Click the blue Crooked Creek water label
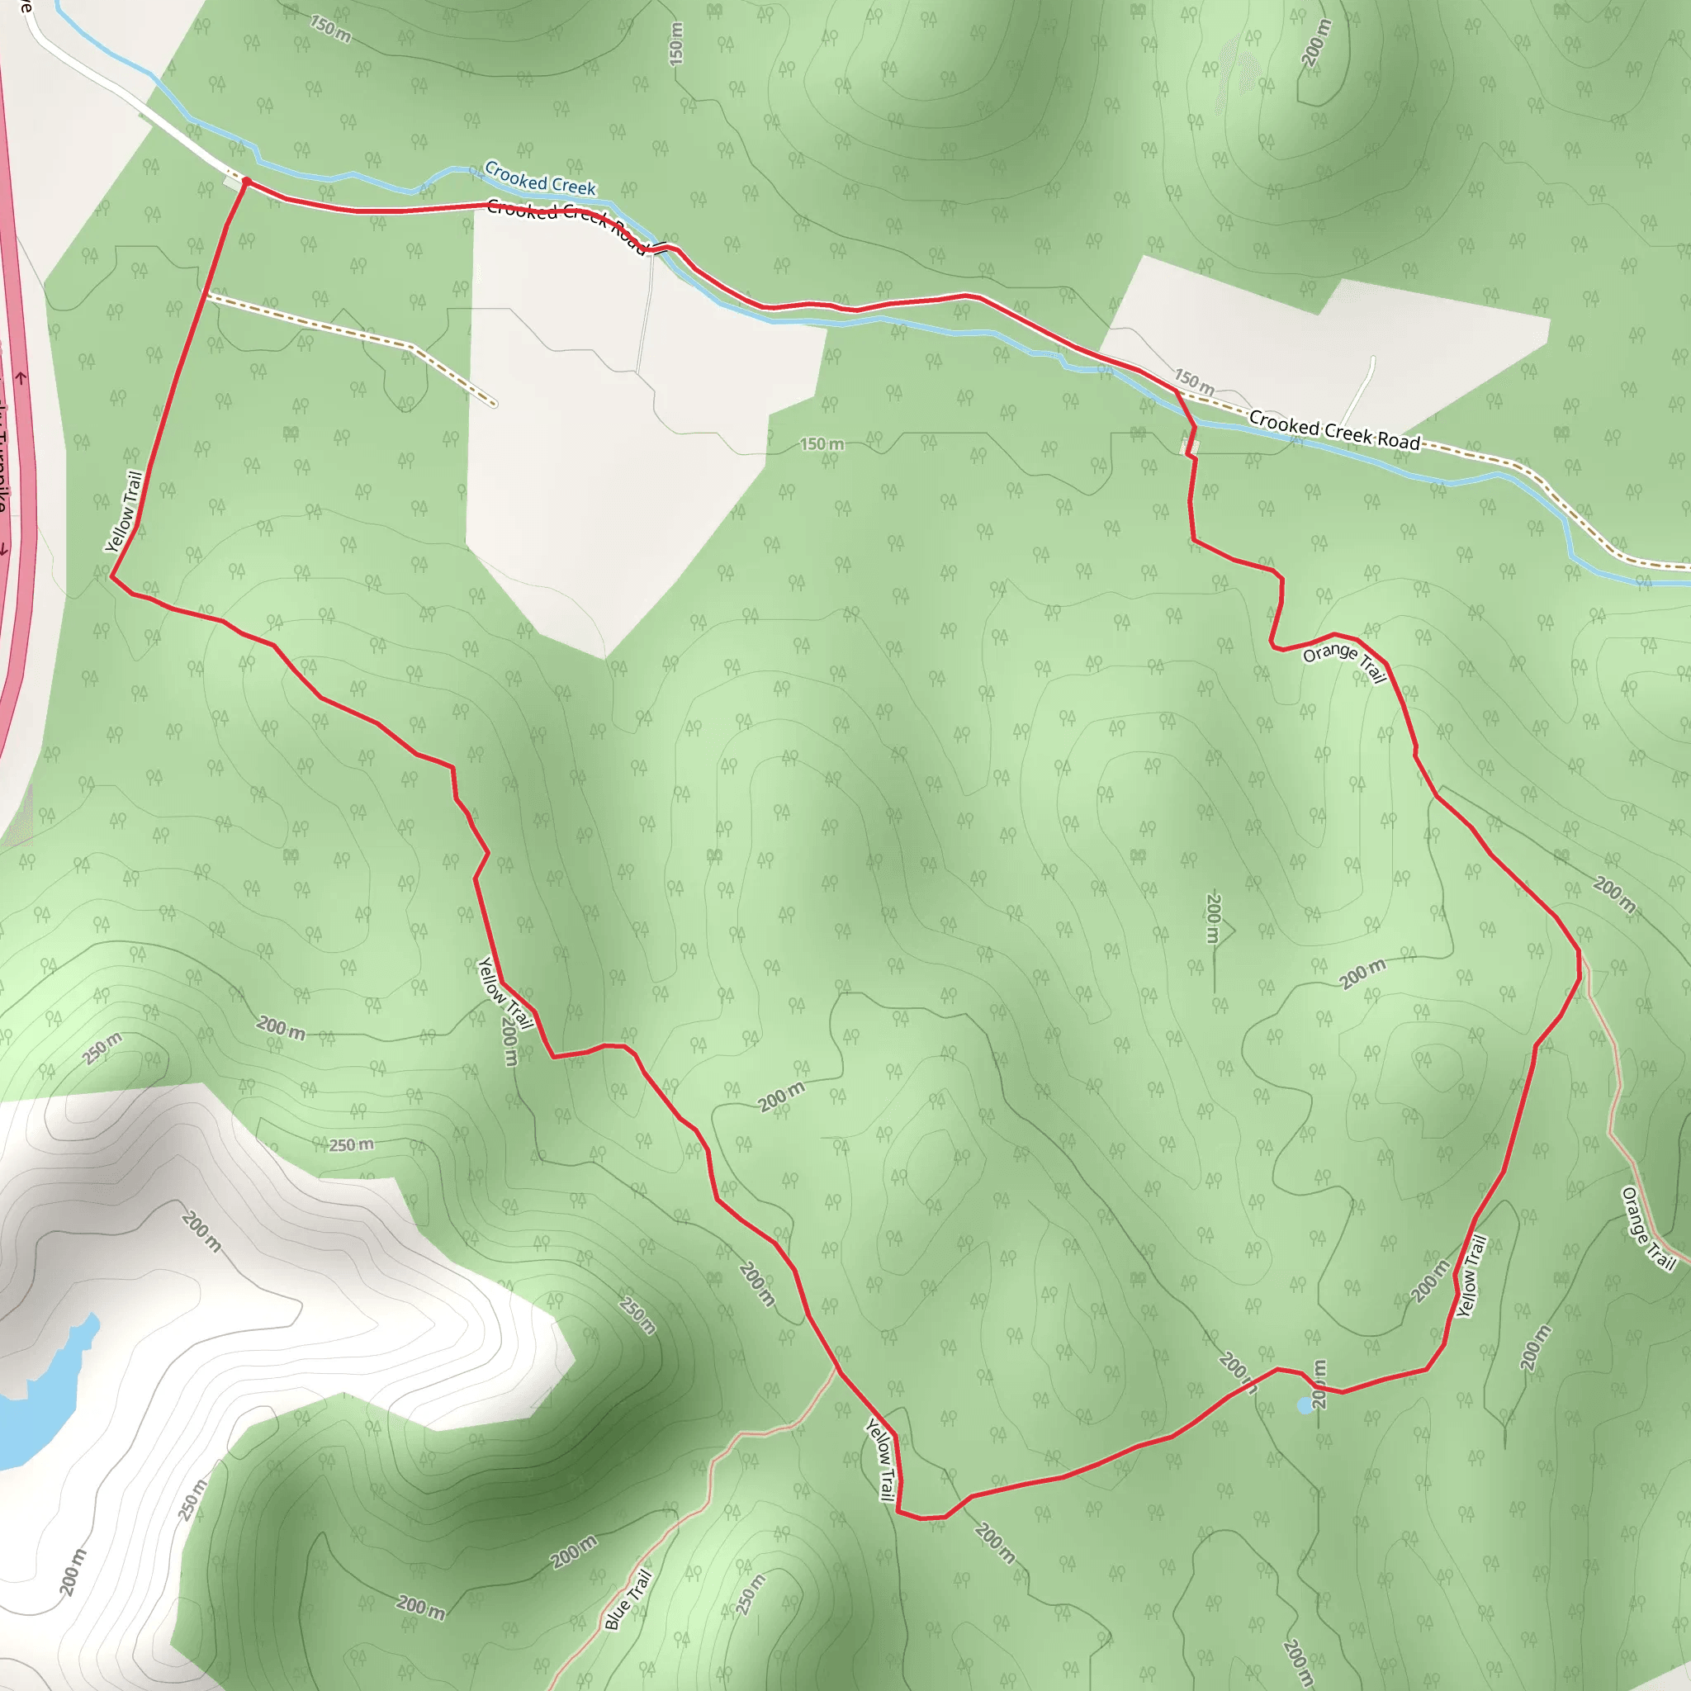coord(540,178)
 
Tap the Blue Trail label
coord(628,1600)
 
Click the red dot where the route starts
coord(246,182)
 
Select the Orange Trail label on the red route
coord(1343,662)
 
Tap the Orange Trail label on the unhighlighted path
coord(1648,1228)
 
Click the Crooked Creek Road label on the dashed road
coord(1334,429)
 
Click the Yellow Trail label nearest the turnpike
coord(123,512)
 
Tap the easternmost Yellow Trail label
coord(1471,1277)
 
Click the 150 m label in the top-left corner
coord(330,29)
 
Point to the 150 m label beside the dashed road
coord(1193,380)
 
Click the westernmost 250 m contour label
coord(102,1048)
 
